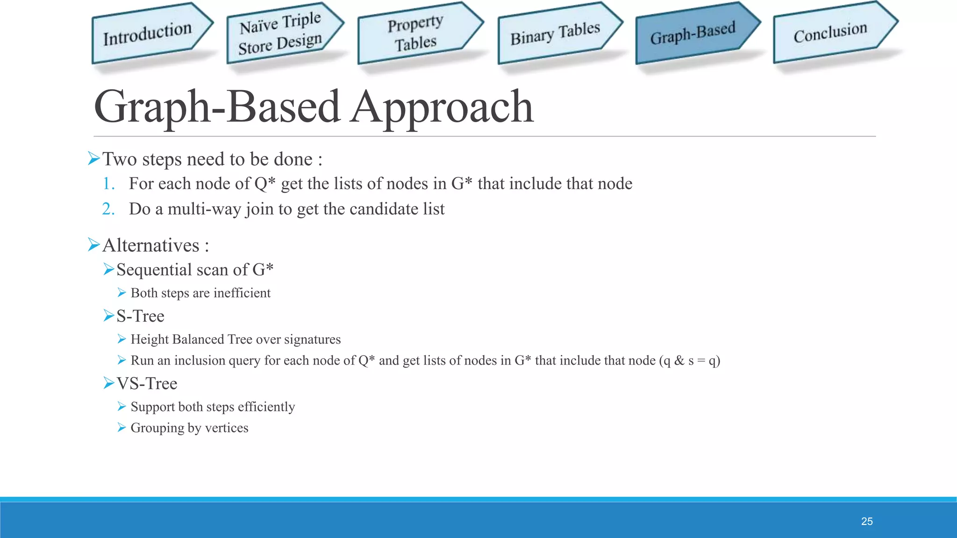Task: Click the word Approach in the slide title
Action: point(442,107)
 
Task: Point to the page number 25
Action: point(867,521)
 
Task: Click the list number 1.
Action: point(108,184)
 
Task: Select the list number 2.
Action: point(108,209)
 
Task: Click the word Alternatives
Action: point(150,245)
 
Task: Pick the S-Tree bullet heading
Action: point(140,316)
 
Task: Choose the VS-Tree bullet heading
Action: point(147,383)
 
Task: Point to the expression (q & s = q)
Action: point(690,361)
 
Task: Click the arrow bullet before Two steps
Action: point(94,159)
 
